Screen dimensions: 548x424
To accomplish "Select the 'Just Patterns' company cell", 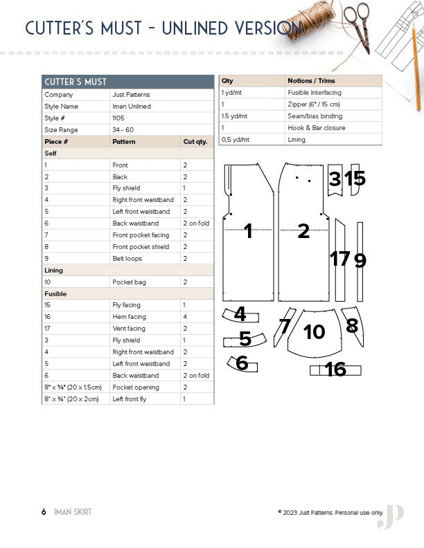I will point(131,95).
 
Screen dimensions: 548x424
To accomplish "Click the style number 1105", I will point(120,118).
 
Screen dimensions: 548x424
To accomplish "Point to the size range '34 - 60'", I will point(123,130).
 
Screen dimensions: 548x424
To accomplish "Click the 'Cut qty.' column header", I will point(195,142).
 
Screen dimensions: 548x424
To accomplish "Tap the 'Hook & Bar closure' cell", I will point(316,128).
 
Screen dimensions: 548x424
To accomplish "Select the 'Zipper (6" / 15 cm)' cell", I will point(314,104).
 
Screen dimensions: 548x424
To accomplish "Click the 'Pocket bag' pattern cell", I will point(130,282).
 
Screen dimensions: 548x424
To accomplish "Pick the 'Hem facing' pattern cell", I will point(129,317).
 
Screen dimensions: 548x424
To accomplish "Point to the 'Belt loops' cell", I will point(128,259).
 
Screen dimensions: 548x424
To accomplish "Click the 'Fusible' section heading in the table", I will point(55,294).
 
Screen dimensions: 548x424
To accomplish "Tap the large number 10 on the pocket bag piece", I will point(314,332).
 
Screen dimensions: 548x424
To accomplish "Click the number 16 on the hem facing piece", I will point(335,369).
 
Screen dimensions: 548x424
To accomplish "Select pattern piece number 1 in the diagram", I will point(248,232).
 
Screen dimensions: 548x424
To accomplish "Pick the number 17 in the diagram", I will point(339,259).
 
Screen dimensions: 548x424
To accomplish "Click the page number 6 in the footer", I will point(44,512).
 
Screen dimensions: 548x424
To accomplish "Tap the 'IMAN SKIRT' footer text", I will point(73,512).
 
